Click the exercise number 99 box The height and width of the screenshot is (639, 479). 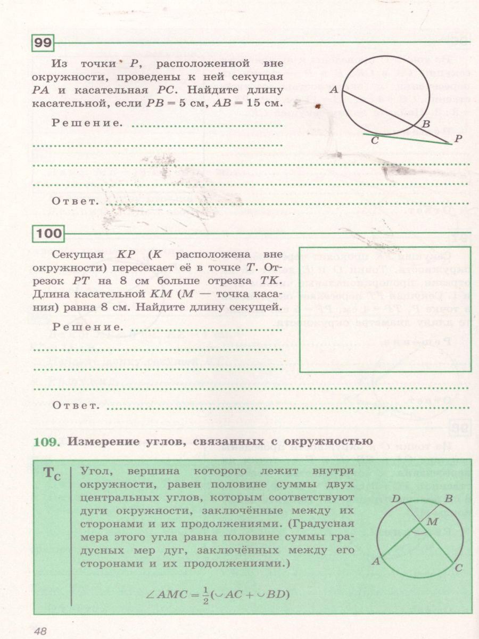[43, 43]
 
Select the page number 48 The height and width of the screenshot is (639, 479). [40, 631]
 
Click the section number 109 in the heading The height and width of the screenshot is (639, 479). [47, 441]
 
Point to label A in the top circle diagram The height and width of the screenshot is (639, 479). [334, 91]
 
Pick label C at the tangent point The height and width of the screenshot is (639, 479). [375, 141]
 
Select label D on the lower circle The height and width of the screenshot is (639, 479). [395, 499]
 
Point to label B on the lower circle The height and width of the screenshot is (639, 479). [448, 499]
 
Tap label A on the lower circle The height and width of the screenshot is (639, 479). [375, 561]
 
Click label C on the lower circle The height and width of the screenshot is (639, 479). [458, 568]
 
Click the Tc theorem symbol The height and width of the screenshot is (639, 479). [52, 473]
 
